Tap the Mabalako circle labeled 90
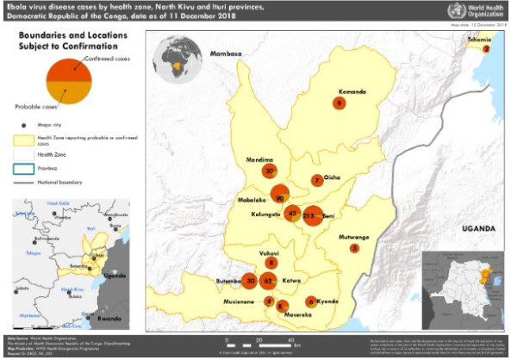[x=279, y=196]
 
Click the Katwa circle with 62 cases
[x=268, y=280]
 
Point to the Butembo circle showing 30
[x=250, y=280]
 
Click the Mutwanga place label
[x=356, y=235]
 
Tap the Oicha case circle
[x=317, y=180]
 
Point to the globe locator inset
[x=176, y=60]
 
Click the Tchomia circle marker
[x=487, y=49]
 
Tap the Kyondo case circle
[x=311, y=301]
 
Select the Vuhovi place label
[x=271, y=253]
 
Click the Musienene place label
[x=241, y=303]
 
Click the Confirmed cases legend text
[x=105, y=59]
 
